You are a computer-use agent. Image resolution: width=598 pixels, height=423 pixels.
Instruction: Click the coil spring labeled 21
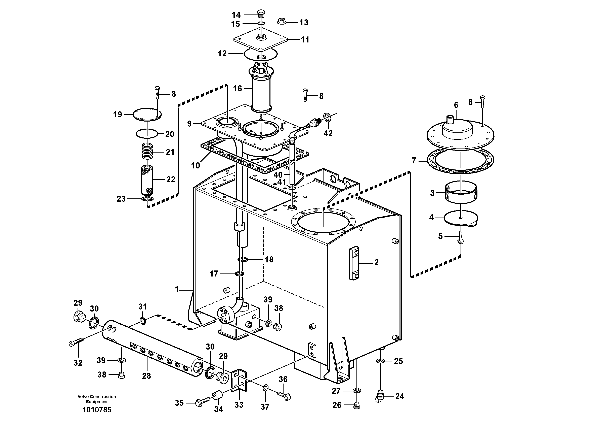tap(148, 152)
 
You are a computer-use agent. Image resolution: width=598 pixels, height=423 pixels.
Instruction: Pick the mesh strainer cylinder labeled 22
tap(147, 180)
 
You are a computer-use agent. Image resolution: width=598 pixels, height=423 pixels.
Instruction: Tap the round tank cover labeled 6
tap(461, 134)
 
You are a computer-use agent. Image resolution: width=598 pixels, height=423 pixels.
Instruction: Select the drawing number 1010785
tap(97, 410)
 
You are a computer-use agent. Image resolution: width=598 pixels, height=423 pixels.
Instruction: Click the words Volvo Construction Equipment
tap(97, 399)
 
